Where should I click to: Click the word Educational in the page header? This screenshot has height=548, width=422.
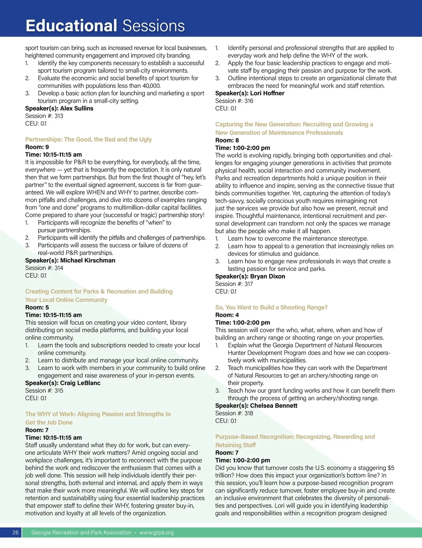71,26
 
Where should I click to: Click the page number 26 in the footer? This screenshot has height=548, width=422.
15,533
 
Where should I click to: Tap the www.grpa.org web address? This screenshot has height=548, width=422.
156,533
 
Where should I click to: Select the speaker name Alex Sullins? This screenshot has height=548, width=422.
77,108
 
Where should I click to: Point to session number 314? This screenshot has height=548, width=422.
59,268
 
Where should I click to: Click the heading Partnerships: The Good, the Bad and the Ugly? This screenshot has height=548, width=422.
88,139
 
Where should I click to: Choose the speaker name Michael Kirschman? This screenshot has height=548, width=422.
88,260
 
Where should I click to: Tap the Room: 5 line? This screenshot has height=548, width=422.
37,307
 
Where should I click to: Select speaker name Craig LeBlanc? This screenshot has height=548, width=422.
80,383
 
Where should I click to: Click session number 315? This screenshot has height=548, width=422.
59,391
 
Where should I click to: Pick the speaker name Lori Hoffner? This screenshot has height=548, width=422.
267,93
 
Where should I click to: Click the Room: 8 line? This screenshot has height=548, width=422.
227,140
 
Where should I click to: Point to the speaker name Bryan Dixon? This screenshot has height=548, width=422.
268,276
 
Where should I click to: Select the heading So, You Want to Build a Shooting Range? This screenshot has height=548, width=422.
271,307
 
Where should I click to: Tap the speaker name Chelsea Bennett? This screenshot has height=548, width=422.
274,406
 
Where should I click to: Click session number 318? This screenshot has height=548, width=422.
249,413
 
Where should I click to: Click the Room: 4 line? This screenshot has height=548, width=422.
227,315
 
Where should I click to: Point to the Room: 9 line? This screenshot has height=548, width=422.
37,147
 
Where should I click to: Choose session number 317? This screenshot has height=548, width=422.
249,284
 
